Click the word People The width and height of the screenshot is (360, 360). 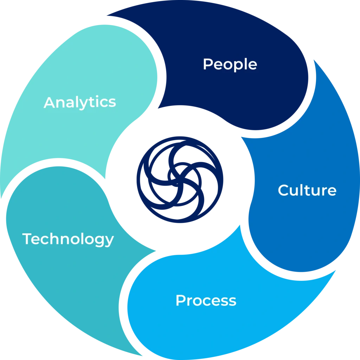pyautogui.click(x=230, y=64)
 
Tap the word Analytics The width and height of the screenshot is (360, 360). pyautogui.click(x=80, y=102)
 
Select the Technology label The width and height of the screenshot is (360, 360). pyautogui.click(x=68, y=239)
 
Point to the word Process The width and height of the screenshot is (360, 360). pyautogui.click(x=206, y=300)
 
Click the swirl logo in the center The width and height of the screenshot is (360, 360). pyautogui.click(x=180, y=180)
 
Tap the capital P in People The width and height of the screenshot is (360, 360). pyautogui.click(x=208, y=64)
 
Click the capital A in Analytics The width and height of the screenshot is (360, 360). pyautogui.click(x=50, y=102)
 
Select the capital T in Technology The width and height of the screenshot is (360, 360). pyautogui.click(x=27, y=238)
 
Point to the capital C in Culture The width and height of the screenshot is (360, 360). pyautogui.click(x=283, y=190)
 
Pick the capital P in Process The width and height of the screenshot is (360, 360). pyautogui.click(x=181, y=300)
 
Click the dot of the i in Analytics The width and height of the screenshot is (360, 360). pyautogui.click(x=97, y=96)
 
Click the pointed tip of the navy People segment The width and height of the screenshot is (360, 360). pyautogui.click(x=107, y=15)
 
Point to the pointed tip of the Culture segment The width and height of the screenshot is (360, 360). pyautogui.click(x=314, y=59)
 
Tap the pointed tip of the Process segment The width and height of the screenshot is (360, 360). pyautogui.click(x=336, y=270)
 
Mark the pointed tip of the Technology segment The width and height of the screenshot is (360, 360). pyautogui.click(x=143, y=356)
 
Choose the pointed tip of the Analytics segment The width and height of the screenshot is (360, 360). pyautogui.click(x=1, y=199)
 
